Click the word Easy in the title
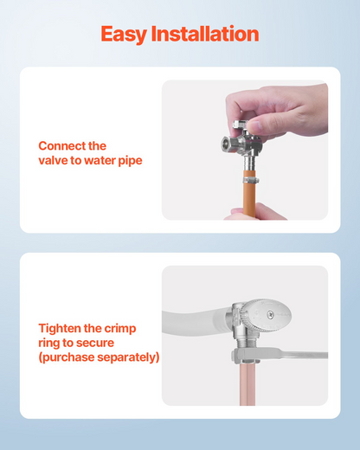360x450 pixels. [x=124, y=35]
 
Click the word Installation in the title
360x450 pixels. [x=205, y=34]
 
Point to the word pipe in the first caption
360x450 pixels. [x=131, y=161]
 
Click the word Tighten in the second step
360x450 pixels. [x=60, y=329]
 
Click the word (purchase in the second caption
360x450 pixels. [x=67, y=357]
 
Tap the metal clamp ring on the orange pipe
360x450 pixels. [x=250, y=181]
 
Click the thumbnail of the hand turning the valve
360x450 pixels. [x=245, y=150]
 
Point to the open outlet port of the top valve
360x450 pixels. [x=226, y=143]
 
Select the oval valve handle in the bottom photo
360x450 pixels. [x=266, y=315]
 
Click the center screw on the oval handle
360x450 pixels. [x=270, y=315]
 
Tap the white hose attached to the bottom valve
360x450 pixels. [x=196, y=322]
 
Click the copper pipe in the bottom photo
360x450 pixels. [x=247, y=383]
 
